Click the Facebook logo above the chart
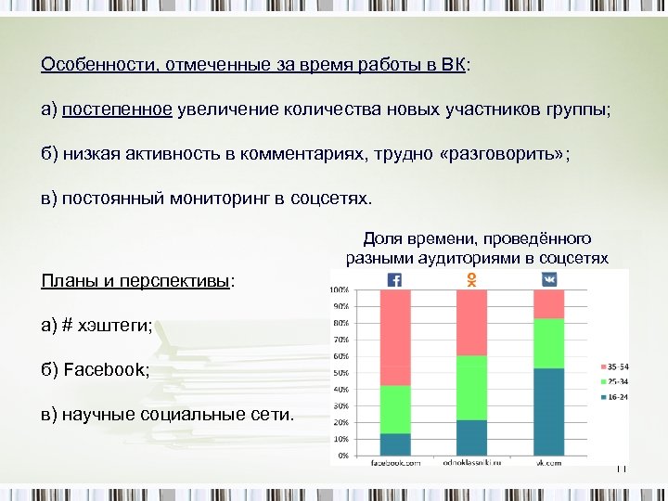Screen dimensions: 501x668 [x=395, y=279]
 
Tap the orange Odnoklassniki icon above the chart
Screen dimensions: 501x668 [x=472, y=279]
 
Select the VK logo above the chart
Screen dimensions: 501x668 [x=549, y=279]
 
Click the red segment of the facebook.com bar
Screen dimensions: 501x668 [x=395, y=337]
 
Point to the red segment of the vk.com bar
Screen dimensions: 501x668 [x=549, y=303]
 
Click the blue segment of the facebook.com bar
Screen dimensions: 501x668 [x=395, y=444]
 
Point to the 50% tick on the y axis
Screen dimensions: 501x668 [x=341, y=373]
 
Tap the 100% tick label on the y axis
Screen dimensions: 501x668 [x=340, y=289]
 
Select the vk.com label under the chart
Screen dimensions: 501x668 [x=549, y=462]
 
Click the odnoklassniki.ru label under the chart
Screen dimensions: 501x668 [x=472, y=462]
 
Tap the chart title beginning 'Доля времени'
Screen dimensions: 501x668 [x=477, y=248]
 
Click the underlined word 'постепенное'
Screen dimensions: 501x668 [x=117, y=110]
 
